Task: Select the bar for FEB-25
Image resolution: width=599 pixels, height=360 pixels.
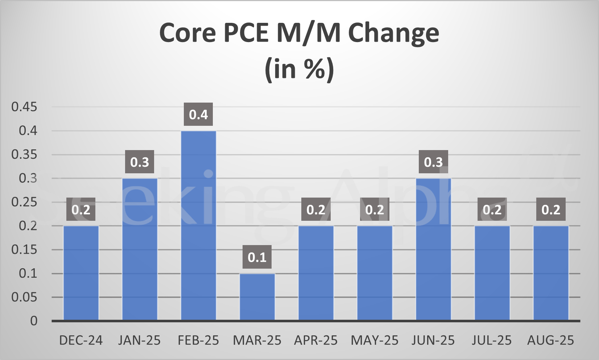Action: pyautogui.click(x=198, y=225)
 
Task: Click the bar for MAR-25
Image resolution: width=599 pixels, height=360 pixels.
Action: pyautogui.click(x=257, y=297)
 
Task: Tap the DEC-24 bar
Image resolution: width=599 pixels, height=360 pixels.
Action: pyautogui.click(x=81, y=273)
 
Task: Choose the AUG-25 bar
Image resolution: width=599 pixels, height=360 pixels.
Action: pyautogui.click(x=551, y=273)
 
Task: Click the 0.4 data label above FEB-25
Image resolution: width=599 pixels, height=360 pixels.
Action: pyautogui.click(x=198, y=115)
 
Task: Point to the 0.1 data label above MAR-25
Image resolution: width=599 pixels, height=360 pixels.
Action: pyautogui.click(x=257, y=257)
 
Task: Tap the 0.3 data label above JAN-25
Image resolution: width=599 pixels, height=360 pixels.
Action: pyautogui.click(x=140, y=162)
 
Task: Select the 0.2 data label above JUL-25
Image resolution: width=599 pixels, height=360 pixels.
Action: pyautogui.click(x=492, y=210)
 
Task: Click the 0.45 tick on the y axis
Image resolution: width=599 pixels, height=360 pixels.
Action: pyautogui.click(x=24, y=107)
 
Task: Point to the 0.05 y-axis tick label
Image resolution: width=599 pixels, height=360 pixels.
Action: pyautogui.click(x=24, y=297)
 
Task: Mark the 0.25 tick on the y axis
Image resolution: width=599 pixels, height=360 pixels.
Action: pyautogui.click(x=24, y=202)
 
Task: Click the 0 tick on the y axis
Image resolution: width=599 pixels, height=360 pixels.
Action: pyautogui.click(x=34, y=321)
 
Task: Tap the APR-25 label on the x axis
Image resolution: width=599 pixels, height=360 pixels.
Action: pyautogui.click(x=315, y=340)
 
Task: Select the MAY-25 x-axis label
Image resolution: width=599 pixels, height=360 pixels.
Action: pyautogui.click(x=374, y=340)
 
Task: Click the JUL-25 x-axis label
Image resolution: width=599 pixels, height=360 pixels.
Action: pyautogui.click(x=492, y=340)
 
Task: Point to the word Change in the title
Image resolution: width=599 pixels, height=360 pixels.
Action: pyautogui.click(x=393, y=34)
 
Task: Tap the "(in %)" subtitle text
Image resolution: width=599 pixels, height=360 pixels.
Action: pyautogui.click(x=299, y=69)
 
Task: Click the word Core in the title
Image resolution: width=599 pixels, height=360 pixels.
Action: pyautogui.click(x=187, y=33)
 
